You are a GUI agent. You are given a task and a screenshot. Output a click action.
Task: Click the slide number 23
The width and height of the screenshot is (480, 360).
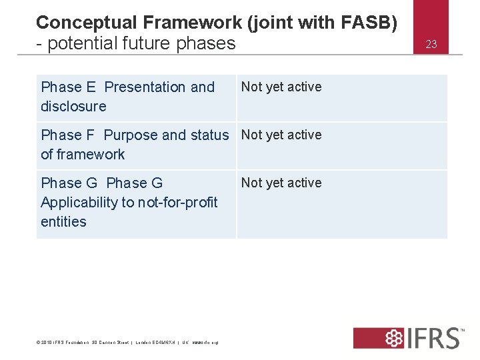tap(431, 45)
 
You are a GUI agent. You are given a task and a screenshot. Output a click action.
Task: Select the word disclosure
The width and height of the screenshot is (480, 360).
tap(73, 107)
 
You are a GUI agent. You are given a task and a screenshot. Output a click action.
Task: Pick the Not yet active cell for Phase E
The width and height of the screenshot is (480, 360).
tap(281, 87)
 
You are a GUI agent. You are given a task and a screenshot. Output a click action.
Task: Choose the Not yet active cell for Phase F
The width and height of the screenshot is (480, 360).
tap(281, 135)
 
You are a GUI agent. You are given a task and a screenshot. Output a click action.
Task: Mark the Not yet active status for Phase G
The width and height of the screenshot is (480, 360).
tap(281, 183)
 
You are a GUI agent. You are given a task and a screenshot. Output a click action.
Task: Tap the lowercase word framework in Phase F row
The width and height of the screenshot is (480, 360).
tap(92, 155)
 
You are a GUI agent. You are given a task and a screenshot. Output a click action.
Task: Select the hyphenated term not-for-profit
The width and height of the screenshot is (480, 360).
tap(177, 203)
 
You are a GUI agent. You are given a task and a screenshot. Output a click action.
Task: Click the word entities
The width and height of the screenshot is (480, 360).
tap(63, 222)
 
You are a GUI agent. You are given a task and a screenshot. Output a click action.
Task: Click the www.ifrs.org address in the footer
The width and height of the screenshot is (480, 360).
tap(205, 343)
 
